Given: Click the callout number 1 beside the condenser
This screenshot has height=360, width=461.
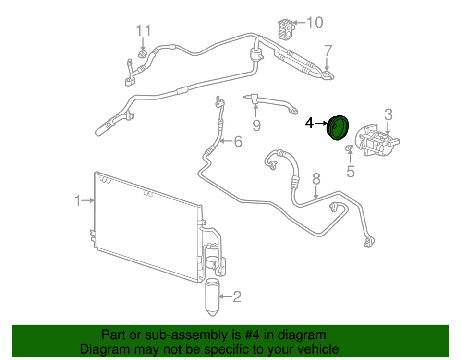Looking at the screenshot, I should (x=78, y=200).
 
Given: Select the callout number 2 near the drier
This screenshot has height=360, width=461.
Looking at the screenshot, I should (x=236, y=297).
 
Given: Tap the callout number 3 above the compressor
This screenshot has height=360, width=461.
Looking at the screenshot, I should (x=388, y=114).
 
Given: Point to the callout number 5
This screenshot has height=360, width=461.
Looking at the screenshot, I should (x=351, y=171).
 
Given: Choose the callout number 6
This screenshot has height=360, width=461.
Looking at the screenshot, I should (x=238, y=141).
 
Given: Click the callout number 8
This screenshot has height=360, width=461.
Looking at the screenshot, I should (x=316, y=179).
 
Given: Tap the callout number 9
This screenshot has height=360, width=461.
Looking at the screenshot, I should (x=256, y=125).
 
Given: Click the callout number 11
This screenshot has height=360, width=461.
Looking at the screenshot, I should (x=143, y=30).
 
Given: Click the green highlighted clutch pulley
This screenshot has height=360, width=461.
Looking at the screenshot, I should (x=338, y=129).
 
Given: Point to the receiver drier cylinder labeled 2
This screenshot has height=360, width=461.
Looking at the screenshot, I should (x=212, y=297).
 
